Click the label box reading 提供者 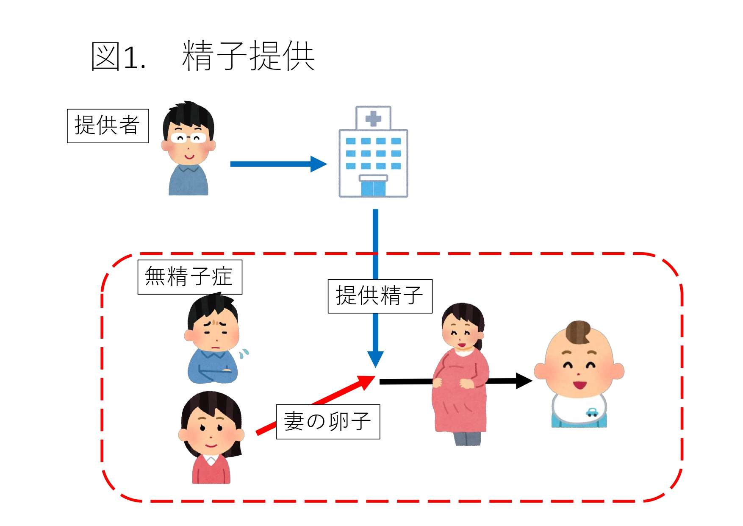(108, 126)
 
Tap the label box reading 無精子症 (190, 277)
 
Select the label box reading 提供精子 (380, 296)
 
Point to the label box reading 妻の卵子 (327, 422)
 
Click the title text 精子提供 (248, 56)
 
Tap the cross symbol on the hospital (373, 119)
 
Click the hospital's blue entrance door (373, 188)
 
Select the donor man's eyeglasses (188, 138)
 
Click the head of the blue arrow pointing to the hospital (318, 164)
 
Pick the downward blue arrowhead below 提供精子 (375, 359)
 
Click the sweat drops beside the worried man (244, 353)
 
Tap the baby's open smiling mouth (579, 385)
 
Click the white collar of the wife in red (211, 459)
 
